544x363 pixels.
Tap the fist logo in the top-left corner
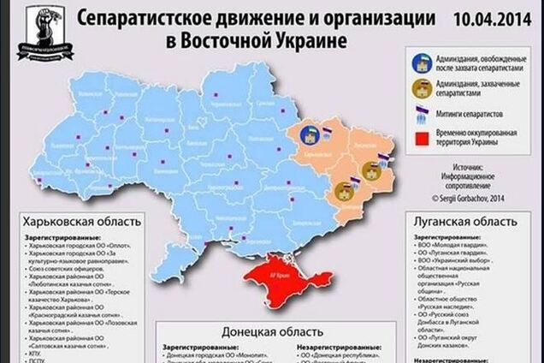49,31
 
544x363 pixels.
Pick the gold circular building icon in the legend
420,88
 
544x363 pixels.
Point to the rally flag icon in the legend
420,114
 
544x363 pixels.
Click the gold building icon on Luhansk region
370,170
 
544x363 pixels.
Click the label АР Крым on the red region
280,278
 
